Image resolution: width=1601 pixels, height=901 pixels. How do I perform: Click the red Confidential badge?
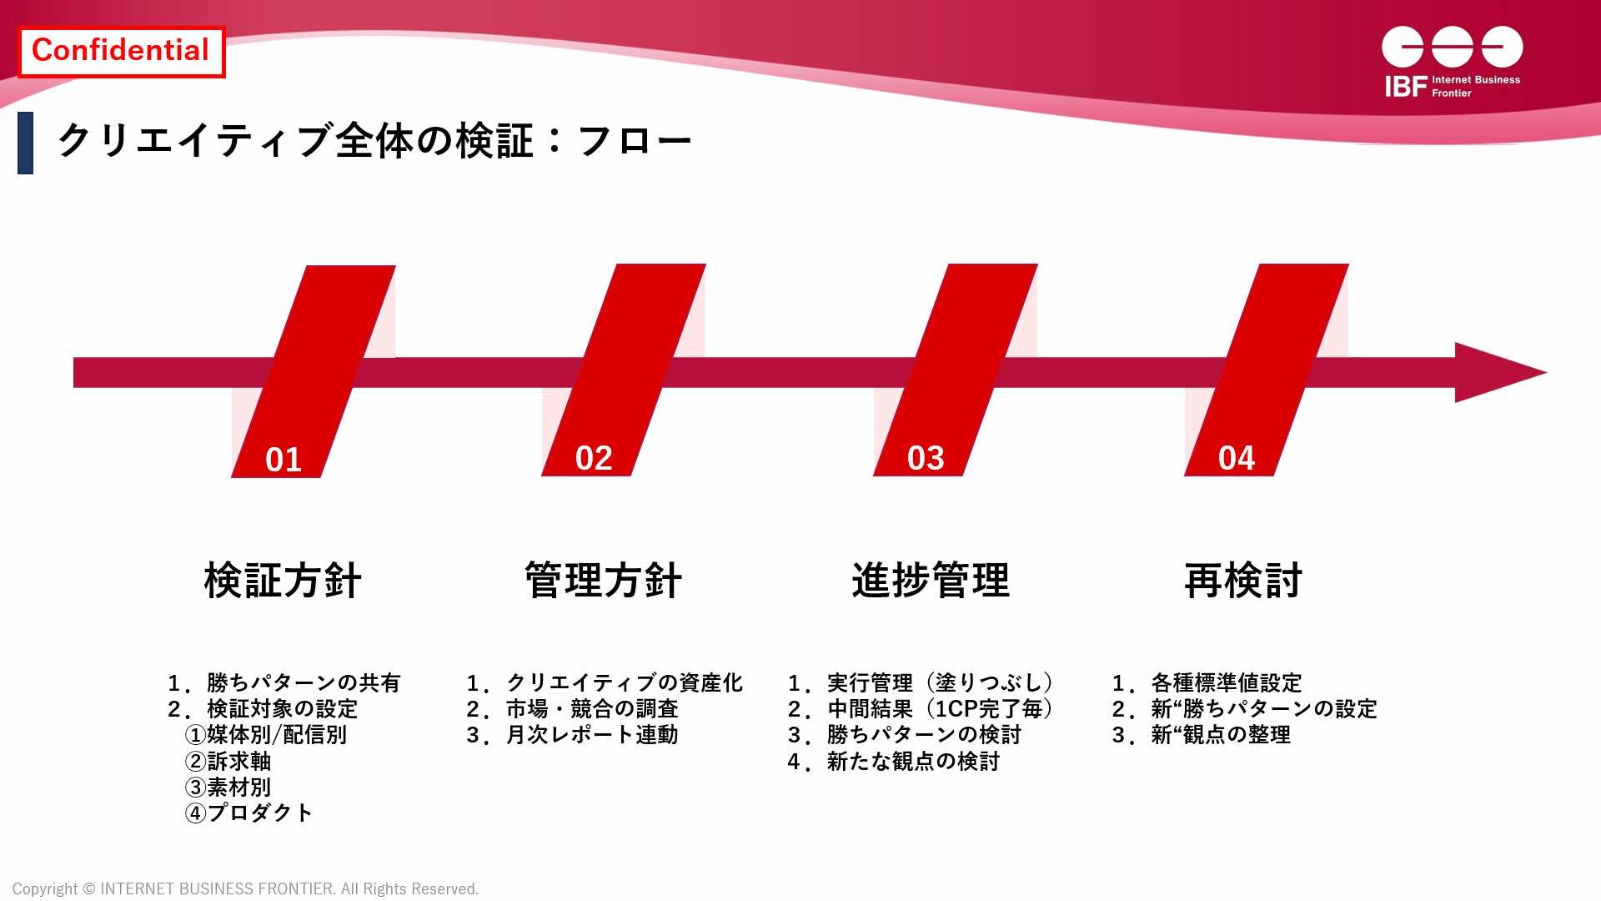[x=121, y=52]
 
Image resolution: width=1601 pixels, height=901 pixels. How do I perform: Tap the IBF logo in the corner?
[x=1452, y=63]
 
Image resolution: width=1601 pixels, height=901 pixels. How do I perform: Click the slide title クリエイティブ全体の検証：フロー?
[x=374, y=140]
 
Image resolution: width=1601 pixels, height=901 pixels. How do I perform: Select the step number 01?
[x=284, y=460]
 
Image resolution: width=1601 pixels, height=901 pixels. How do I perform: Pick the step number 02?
[x=594, y=458]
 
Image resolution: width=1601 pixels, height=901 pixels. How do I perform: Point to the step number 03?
[x=926, y=458]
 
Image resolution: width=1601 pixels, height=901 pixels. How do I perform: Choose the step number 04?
[x=1237, y=458]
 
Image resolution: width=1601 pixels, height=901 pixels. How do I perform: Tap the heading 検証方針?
[x=283, y=581]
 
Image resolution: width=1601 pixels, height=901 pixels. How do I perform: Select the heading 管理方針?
[x=604, y=581]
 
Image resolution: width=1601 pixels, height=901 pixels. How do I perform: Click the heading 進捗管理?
[x=931, y=581]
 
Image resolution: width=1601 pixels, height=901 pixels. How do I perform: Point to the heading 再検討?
[x=1243, y=581]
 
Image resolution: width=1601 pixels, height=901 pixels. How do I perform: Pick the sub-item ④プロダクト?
[x=249, y=813]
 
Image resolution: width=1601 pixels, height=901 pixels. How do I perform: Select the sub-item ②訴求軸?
[x=228, y=761]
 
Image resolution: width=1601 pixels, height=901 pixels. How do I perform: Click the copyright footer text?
[x=246, y=889]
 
